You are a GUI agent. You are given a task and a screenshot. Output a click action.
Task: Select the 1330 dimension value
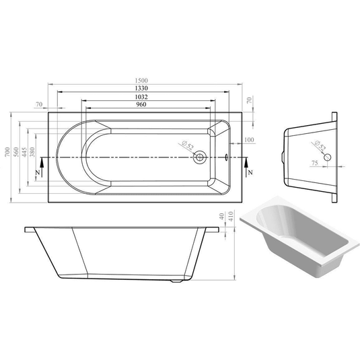[141, 89]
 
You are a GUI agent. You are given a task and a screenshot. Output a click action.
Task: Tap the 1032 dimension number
[141, 97]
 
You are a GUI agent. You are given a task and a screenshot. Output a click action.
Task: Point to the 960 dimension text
[141, 105]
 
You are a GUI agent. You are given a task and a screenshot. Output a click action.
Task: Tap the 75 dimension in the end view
[315, 164]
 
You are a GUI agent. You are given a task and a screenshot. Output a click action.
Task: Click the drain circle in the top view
[199, 158]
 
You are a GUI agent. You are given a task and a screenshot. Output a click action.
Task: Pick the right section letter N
[250, 172]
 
